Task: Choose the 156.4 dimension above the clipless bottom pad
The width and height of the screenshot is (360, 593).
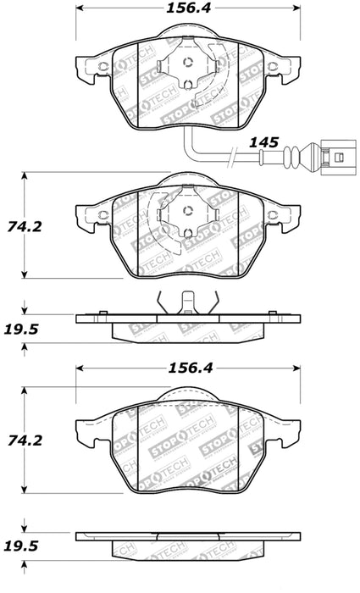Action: click(188, 358)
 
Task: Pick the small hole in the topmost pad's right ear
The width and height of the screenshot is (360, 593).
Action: click(275, 67)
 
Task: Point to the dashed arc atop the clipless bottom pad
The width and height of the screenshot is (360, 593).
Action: click(188, 391)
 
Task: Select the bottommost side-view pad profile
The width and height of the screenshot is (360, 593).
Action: click(188, 537)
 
